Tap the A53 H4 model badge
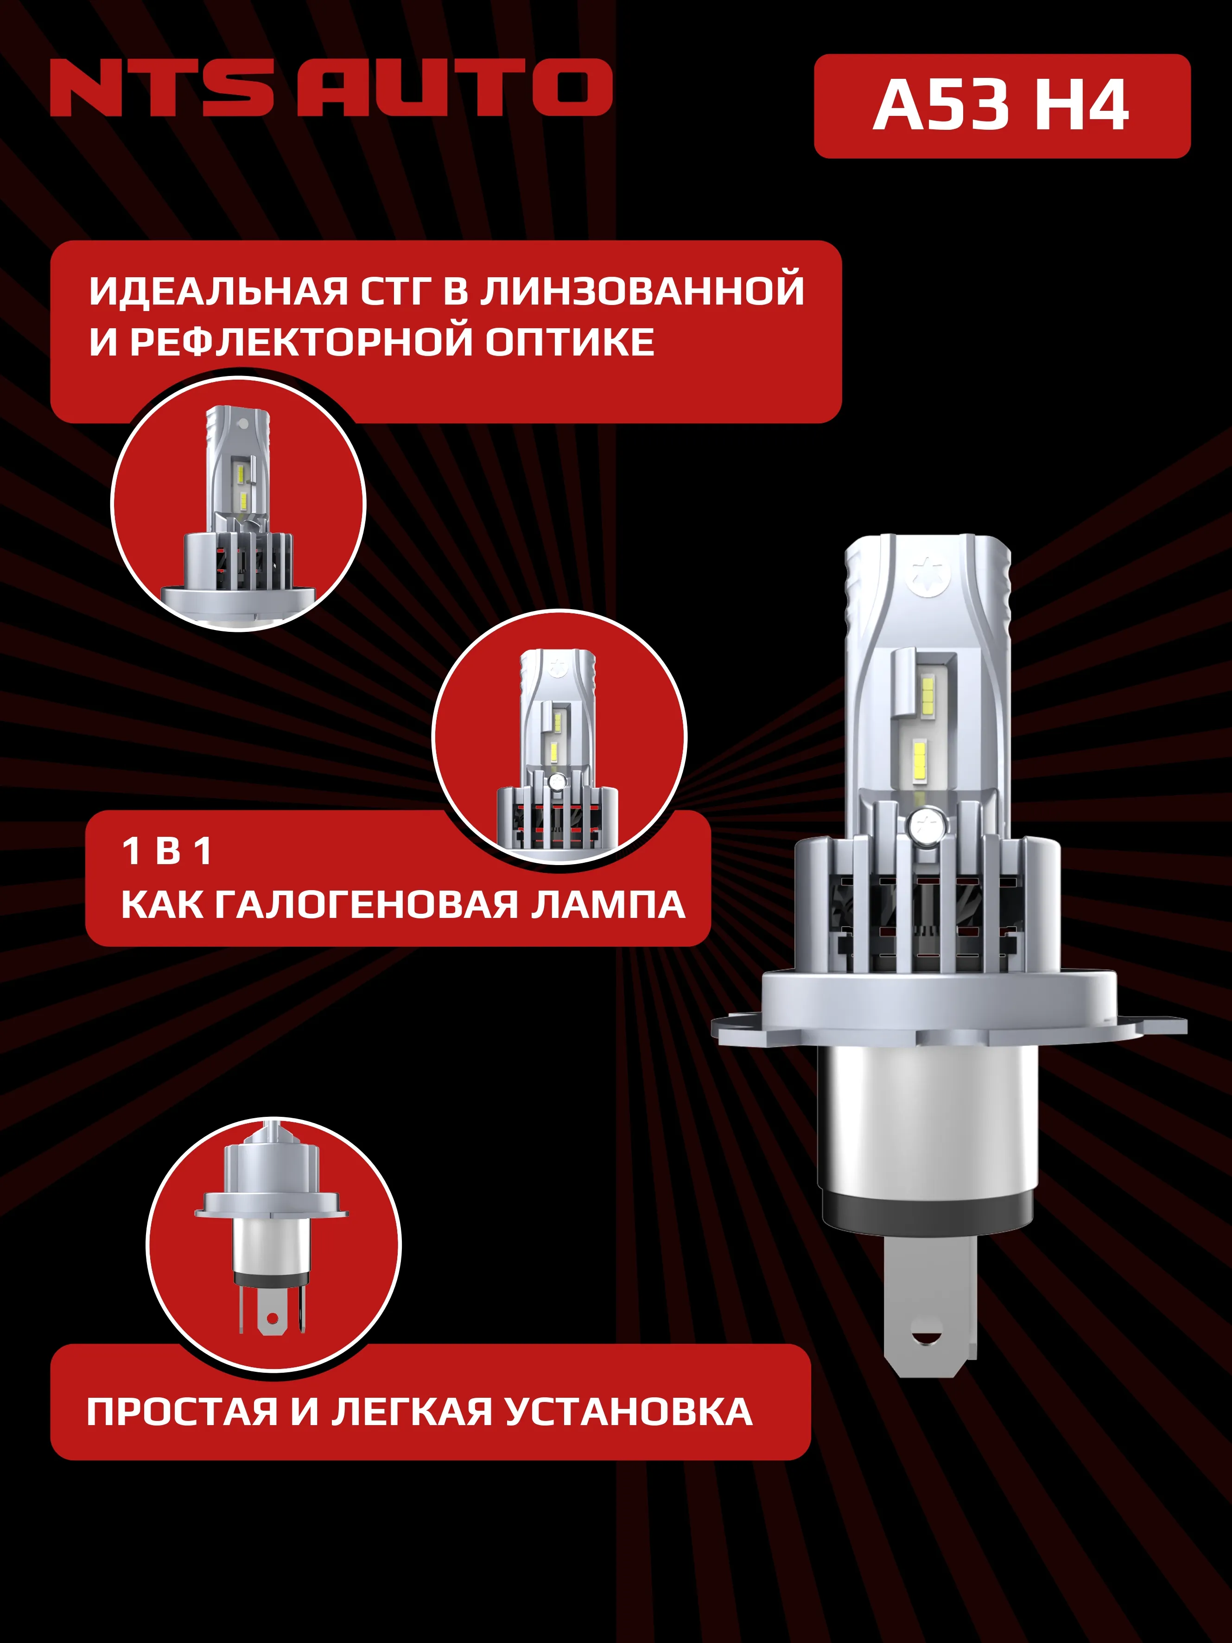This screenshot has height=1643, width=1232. pos(1001,106)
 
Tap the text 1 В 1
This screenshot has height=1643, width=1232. pos(167,851)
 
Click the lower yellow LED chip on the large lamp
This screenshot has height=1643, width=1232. pos(919,761)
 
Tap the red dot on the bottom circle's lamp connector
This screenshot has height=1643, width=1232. pos(273,1318)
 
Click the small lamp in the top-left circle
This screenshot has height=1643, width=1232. pos(238,505)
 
